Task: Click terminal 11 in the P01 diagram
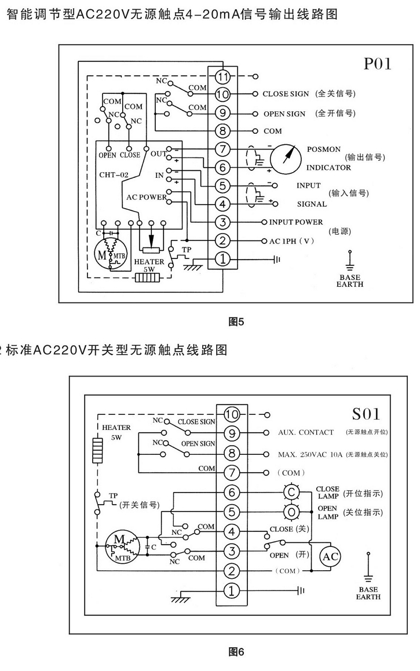tap(223, 76)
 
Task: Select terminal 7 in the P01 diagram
tap(223, 149)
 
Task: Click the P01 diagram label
tap(377, 64)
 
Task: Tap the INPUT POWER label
tap(296, 222)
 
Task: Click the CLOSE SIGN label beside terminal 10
tap(286, 94)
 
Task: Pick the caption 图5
tap(238, 323)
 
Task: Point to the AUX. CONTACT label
tap(306, 432)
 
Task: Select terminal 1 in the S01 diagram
tap(232, 590)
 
